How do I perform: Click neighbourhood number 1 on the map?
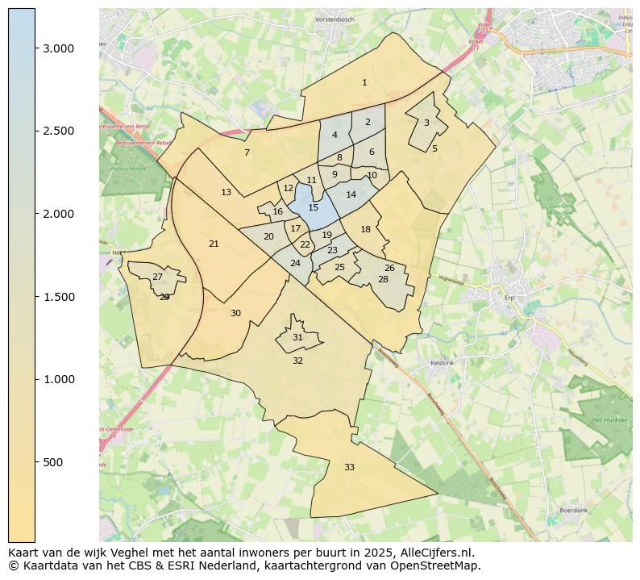(364, 82)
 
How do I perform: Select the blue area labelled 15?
(313, 207)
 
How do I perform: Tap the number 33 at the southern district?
(349, 467)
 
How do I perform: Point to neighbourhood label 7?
(247, 152)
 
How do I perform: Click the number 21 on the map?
(214, 244)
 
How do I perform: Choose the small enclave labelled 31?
(297, 337)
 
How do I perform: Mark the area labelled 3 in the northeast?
(426, 123)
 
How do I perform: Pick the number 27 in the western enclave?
(157, 277)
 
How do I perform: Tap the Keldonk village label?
(443, 363)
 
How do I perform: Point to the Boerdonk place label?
(574, 511)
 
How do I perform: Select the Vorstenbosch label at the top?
(335, 19)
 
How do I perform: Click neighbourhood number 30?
(235, 313)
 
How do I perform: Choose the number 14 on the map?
(351, 194)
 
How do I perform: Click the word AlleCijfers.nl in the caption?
(438, 553)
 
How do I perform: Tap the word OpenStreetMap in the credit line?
(443, 565)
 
